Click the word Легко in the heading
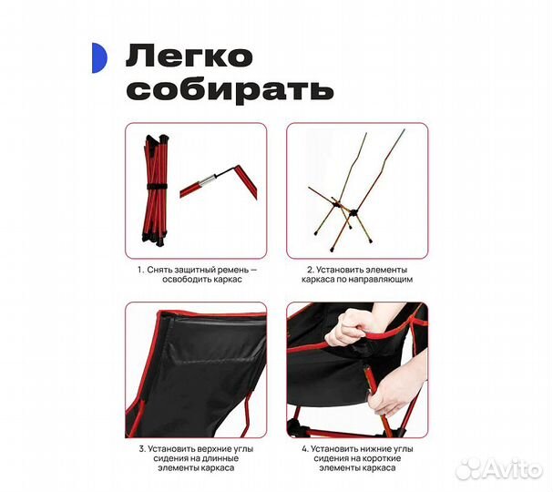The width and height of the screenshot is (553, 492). (189, 57)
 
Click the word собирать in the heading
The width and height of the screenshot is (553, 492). (230, 90)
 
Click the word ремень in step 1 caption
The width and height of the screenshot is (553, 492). (230, 269)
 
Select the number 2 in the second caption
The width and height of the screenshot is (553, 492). (308, 269)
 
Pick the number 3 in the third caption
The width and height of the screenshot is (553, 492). (141, 449)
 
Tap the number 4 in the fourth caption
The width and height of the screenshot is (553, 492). (306, 449)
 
